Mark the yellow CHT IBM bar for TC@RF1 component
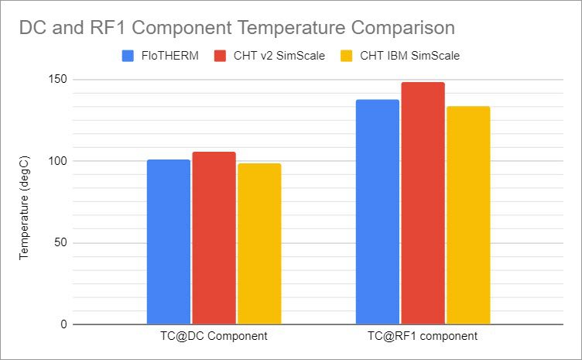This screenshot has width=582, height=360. coord(468,215)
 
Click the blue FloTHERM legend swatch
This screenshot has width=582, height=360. coord(128,56)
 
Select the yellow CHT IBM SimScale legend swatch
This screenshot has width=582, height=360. coord(346,56)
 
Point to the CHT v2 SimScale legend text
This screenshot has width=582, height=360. coord(276,56)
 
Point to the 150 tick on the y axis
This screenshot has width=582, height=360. coord(59,80)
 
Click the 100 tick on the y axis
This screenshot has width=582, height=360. coord(59,161)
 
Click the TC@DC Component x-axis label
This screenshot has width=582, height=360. coord(214,337)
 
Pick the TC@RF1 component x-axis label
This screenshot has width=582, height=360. coord(423,337)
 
